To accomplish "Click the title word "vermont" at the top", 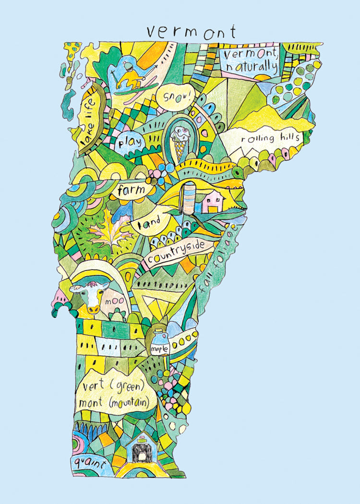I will tap(191, 32).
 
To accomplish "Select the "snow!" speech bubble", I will tap(176, 96).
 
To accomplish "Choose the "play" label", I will tap(127, 143).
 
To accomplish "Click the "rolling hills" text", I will tap(270, 139).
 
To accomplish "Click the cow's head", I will tap(89, 296).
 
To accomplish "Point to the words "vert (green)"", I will tap(113, 386).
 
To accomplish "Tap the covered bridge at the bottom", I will tap(142, 452).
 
